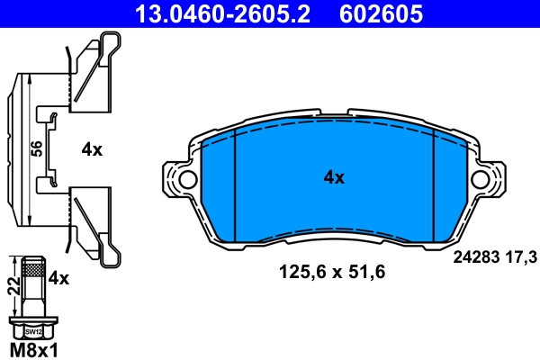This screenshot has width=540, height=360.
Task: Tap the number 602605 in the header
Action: (x=380, y=13)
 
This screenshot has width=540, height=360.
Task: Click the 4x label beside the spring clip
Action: (x=92, y=150)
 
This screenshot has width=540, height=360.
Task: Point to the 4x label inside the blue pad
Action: (x=333, y=177)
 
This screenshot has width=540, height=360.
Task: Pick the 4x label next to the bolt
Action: (x=58, y=278)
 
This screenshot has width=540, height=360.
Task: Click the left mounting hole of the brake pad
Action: (x=186, y=179)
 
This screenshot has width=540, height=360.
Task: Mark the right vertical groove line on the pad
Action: (x=435, y=184)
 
